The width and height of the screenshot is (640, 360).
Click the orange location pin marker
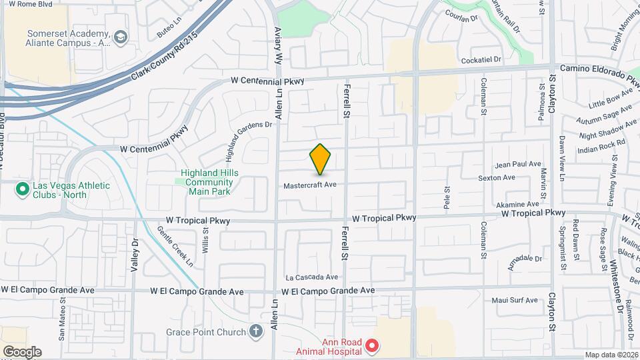click(x=321, y=159)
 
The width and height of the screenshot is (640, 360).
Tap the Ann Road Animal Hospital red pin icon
click(x=372, y=346)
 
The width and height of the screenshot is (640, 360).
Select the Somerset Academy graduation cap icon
click(x=121, y=36)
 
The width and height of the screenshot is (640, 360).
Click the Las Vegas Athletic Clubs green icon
click(x=22, y=190)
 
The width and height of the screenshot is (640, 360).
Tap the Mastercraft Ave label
click(x=309, y=185)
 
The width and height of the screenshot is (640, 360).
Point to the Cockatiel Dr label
click(x=485, y=59)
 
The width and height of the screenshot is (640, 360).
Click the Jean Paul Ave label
click(x=518, y=164)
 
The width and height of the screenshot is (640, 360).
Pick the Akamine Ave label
click(x=517, y=204)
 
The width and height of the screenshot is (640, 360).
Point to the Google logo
click(x=22, y=351)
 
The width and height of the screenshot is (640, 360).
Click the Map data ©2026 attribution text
click(x=611, y=355)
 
